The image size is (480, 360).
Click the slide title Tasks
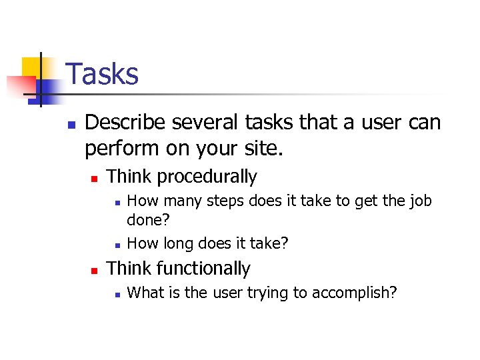103,74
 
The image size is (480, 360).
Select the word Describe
125,123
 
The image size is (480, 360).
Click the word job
419,201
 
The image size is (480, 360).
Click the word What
143,293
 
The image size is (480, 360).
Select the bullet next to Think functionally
95,270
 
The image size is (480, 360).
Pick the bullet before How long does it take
116,245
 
